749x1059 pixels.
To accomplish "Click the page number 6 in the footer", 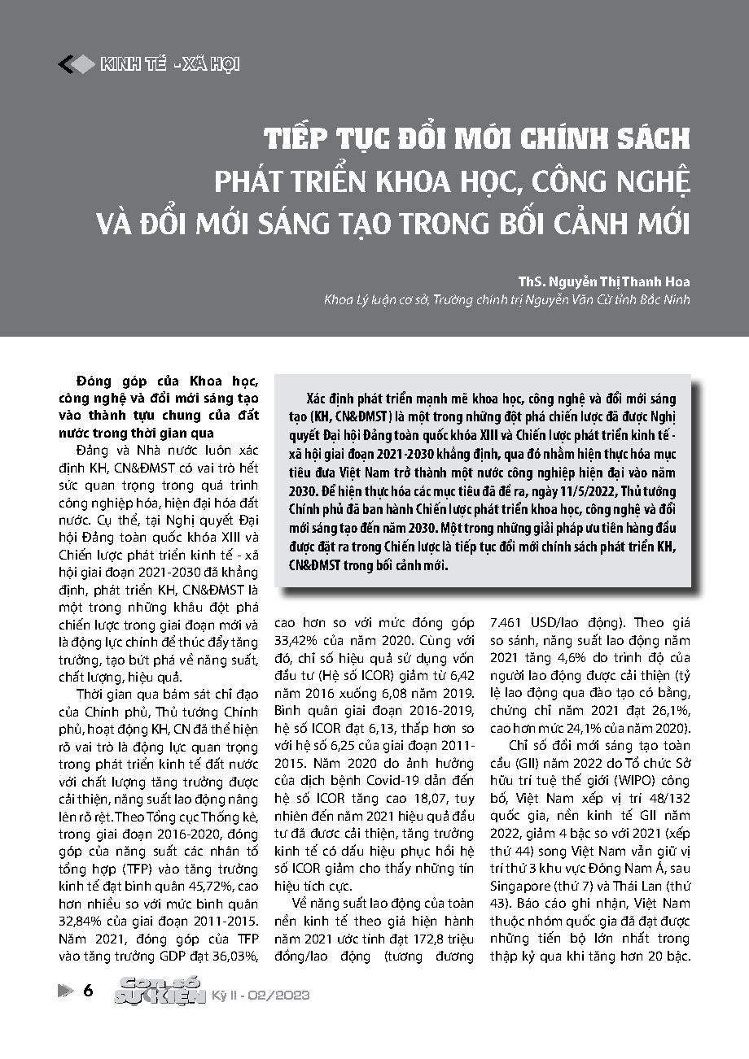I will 88,990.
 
